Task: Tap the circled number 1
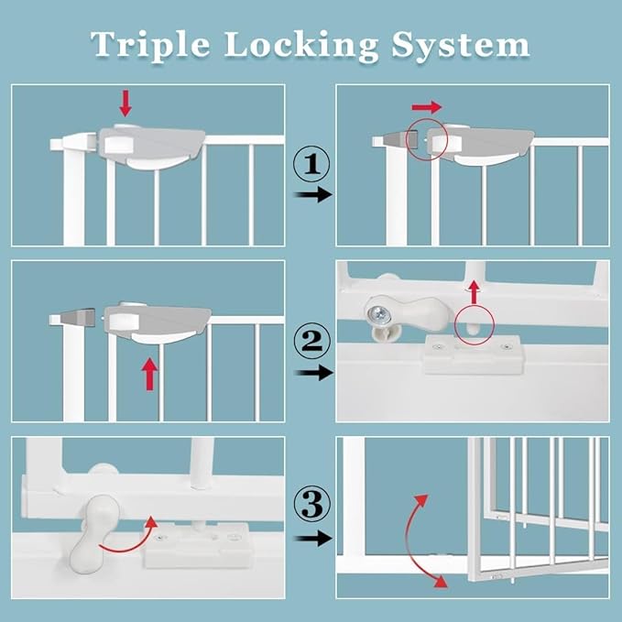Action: (311, 165)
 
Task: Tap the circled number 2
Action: (311, 341)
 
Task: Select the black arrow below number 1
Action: (312, 195)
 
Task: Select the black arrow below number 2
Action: (312, 373)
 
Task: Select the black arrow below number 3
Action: (312, 539)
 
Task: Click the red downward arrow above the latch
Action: (125, 103)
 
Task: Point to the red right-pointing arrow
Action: (427, 107)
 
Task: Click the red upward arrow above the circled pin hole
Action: (474, 292)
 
